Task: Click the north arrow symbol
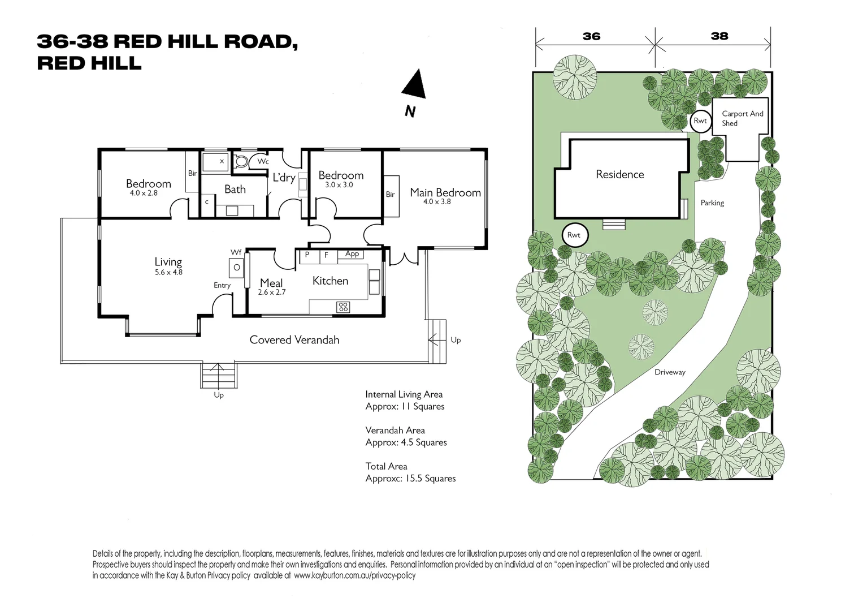pos(414,85)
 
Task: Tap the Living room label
pos(168,262)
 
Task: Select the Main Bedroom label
pos(445,192)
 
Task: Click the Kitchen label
pos(330,281)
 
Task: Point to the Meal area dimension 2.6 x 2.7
pos(272,292)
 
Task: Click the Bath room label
pos(235,190)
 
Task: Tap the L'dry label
pos(284,178)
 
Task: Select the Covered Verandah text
pos(294,339)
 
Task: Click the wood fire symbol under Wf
pos(237,268)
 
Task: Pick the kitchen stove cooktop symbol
pos(343,307)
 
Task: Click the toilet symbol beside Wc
pos(241,162)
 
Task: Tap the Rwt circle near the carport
pos(700,121)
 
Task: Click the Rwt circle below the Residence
pos(574,235)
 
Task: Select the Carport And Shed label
pos(742,118)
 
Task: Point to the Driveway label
pos(670,372)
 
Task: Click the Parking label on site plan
pos(712,203)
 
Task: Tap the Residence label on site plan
pos(620,174)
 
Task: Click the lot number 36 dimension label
pos(591,36)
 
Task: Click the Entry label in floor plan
pos(222,285)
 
